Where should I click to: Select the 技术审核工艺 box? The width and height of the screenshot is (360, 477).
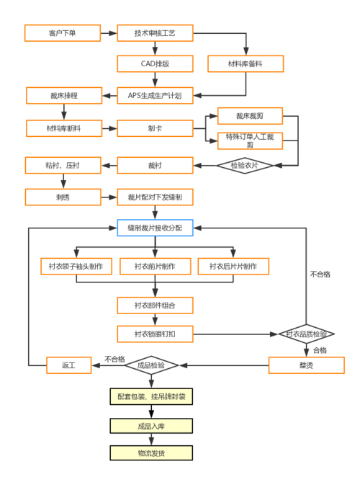pyautogui.click(x=155, y=33)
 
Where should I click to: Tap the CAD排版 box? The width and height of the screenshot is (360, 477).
pyautogui.click(x=155, y=64)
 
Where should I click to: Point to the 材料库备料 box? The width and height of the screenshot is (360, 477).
pyautogui.click(x=245, y=64)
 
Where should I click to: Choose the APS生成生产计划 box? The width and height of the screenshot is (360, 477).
pyautogui.click(x=155, y=95)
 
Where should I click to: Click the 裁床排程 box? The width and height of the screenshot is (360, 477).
pyautogui.click(x=64, y=95)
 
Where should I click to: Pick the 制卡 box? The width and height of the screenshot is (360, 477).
pyautogui.click(x=155, y=129)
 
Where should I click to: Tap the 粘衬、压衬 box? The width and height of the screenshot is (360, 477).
pyautogui.click(x=63, y=166)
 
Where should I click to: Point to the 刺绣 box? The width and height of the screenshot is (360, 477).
pyautogui.click(x=63, y=197)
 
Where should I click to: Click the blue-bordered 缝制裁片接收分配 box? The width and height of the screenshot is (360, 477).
pyautogui.click(x=155, y=228)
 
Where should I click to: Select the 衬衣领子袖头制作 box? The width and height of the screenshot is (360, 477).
pyautogui.click(x=76, y=267)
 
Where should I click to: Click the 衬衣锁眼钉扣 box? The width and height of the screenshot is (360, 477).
pyautogui.click(x=155, y=334)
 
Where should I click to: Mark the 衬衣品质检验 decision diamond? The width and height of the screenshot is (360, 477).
pyautogui.click(x=307, y=334)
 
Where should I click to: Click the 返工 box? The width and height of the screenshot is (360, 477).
pyautogui.click(x=69, y=365)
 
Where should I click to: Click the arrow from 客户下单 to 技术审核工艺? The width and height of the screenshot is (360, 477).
pyautogui.click(x=106, y=33)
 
